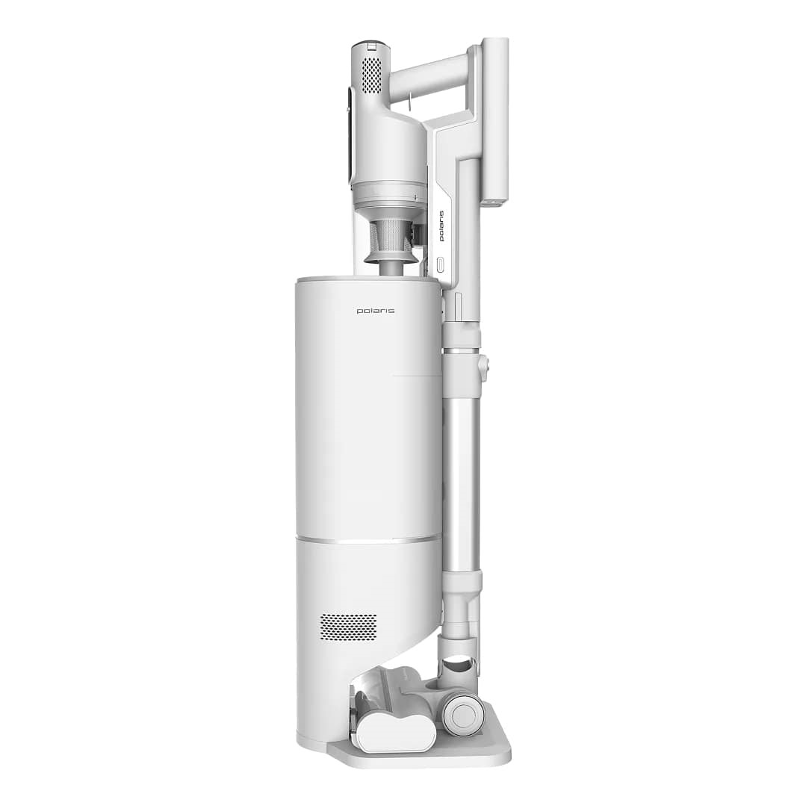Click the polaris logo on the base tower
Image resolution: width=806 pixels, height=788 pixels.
click(x=376, y=311)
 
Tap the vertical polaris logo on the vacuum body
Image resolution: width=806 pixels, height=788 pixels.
click(x=441, y=226)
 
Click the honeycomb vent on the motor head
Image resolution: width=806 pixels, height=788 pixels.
click(x=371, y=75)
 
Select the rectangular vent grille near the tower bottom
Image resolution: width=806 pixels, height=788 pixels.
click(x=348, y=627)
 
